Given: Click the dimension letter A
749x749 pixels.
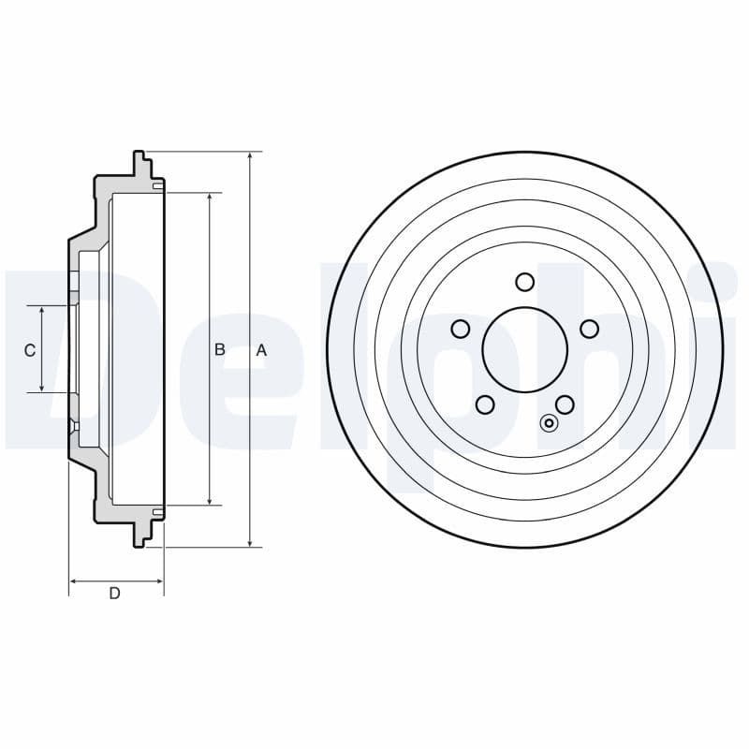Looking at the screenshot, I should tap(262, 350).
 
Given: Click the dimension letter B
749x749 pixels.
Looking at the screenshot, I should tap(220, 349).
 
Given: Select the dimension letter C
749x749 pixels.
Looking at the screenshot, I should tap(30, 350).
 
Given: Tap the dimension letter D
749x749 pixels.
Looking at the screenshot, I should tap(114, 593).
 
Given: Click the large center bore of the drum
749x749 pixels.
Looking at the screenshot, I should tap(525, 350).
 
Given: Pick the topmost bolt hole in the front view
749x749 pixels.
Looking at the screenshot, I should tap(525, 282).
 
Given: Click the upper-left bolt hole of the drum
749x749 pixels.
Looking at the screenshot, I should tap(460, 329).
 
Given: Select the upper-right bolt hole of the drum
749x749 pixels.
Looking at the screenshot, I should tap(590, 329).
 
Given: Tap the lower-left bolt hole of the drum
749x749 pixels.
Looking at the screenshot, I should tap(485, 404).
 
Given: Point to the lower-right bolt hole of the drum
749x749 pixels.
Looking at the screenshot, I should tap(565, 404).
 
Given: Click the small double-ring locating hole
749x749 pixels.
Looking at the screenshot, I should tap(550, 423).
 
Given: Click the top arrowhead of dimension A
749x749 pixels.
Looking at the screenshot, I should tap(250, 156).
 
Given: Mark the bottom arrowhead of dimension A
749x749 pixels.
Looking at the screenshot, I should tap(250, 542).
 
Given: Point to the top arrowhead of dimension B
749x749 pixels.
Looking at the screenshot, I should tap(209, 198).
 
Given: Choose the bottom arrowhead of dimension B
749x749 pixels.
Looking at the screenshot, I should tap(209, 501).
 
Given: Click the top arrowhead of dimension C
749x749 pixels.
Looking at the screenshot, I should tap(42, 310).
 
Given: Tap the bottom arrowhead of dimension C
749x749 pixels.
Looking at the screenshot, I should tap(42, 389).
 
